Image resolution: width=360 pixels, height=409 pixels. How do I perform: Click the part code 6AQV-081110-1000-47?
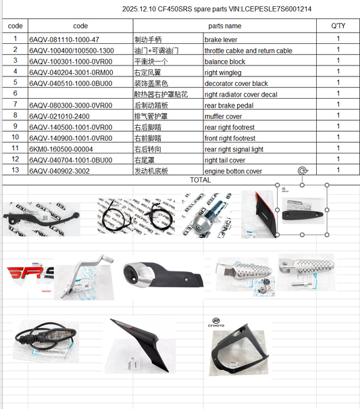[63, 39]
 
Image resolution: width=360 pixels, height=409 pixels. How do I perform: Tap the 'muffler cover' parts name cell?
[224, 116]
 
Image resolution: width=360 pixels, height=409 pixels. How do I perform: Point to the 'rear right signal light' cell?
[234, 149]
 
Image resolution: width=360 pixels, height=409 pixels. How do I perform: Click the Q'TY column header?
[338, 25]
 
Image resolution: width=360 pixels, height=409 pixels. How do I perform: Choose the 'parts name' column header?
[224, 25]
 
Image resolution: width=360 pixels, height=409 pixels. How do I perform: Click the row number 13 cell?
[15, 170]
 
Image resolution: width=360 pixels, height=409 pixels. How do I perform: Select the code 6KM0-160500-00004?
[61, 149]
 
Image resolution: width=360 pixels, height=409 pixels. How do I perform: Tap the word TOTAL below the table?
[201, 181]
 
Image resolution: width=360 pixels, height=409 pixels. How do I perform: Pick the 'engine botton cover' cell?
[233, 171]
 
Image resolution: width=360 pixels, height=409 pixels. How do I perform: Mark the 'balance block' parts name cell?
[224, 62]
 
